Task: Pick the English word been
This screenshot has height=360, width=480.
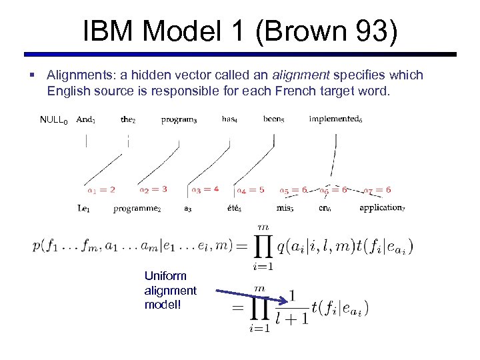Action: point(273,120)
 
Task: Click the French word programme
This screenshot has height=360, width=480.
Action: point(137,209)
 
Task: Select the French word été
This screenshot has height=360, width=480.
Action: point(234,209)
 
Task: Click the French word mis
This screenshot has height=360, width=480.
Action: point(285,209)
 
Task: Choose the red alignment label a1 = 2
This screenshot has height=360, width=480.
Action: point(101,190)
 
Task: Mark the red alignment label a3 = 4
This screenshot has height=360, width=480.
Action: point(205,190)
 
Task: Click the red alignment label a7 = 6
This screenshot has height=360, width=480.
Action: point(377,191)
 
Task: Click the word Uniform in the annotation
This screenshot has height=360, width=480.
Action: point(165,276)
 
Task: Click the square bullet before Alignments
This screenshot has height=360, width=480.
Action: point(31,75)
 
